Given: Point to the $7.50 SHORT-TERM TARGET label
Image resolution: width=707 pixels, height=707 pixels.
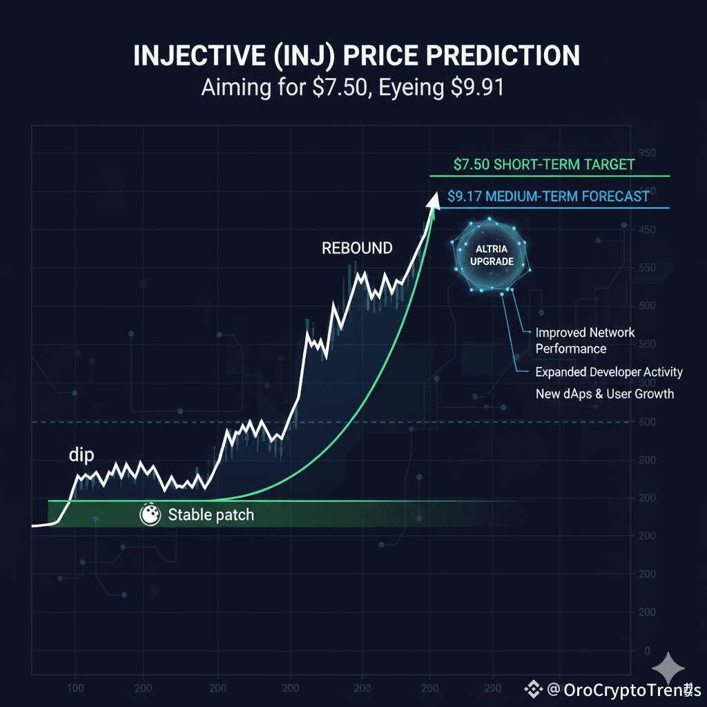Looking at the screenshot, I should tap(544, 165).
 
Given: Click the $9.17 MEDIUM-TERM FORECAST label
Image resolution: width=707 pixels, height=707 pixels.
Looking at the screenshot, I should tap(548, 196).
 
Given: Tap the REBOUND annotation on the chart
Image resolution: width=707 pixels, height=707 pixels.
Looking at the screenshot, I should tap(357, 248).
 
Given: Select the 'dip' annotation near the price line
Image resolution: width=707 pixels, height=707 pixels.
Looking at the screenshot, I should tap(81, 455).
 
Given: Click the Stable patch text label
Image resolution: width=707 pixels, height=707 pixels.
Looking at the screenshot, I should tap(211, 514).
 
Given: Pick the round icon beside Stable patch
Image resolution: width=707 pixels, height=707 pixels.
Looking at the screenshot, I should tap(150, 514).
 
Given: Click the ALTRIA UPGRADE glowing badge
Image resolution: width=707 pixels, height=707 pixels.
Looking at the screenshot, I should tap(491, 255).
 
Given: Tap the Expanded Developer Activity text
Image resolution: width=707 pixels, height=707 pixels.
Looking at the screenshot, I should tap(609, 372).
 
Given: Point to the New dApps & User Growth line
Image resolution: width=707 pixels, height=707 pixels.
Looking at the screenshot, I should tap(605, 394).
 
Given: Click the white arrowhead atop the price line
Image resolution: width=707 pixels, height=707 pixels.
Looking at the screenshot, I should tap(434, 199).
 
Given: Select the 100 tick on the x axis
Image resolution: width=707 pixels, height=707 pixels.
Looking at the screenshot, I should tap(76, 688).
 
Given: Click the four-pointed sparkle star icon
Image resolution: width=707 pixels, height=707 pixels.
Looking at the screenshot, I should tap(670, 668).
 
